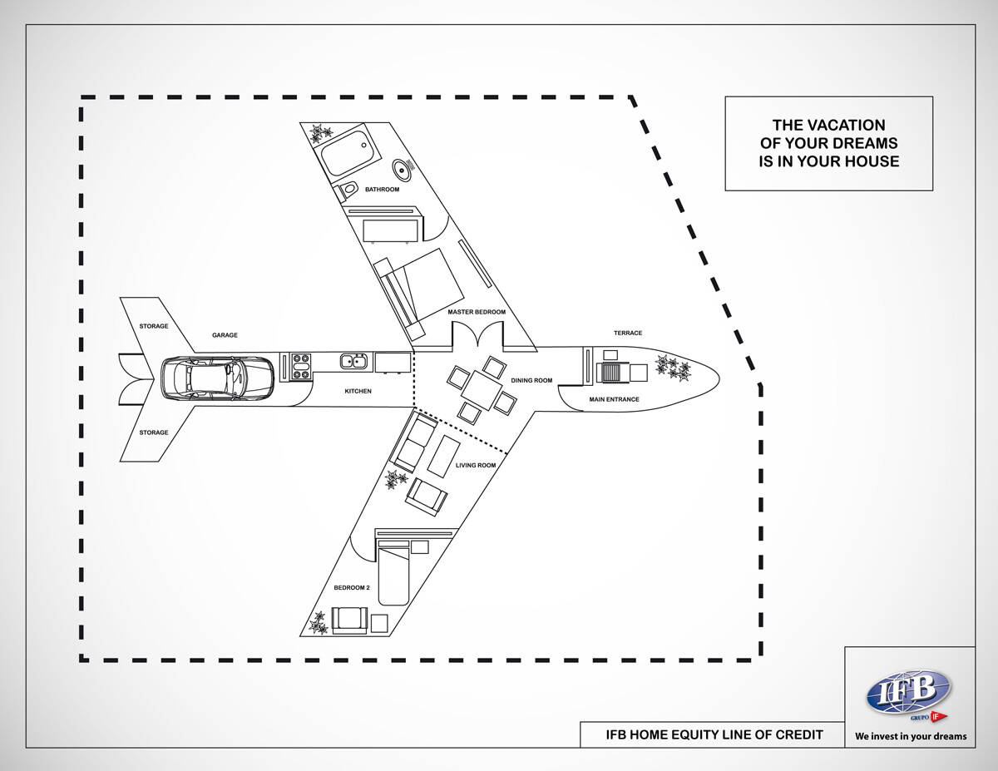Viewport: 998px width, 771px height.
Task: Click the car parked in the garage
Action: coord(216,378)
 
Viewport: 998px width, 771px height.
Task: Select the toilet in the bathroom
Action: coord(348,190)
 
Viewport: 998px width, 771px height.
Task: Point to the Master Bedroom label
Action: coord(477,312)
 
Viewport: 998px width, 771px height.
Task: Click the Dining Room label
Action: coord(531,380)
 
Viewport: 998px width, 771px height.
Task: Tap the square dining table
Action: coord(482,388)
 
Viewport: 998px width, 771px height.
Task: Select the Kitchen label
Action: coord(358,391)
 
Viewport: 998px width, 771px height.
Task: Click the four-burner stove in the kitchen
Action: coord(301,367)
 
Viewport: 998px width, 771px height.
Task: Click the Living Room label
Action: coord(476,465)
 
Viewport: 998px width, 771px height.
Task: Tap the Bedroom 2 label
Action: coord(351,587)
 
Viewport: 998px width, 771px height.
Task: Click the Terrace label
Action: coord(628,333)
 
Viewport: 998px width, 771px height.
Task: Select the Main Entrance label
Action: coord(614,399)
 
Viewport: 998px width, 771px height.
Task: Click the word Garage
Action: coord(225,335)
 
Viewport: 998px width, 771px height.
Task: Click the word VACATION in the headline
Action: coord(828,126)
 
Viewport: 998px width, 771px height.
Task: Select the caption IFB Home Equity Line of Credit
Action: coord(713,734)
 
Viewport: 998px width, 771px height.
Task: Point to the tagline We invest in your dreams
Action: coord(911,736)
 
